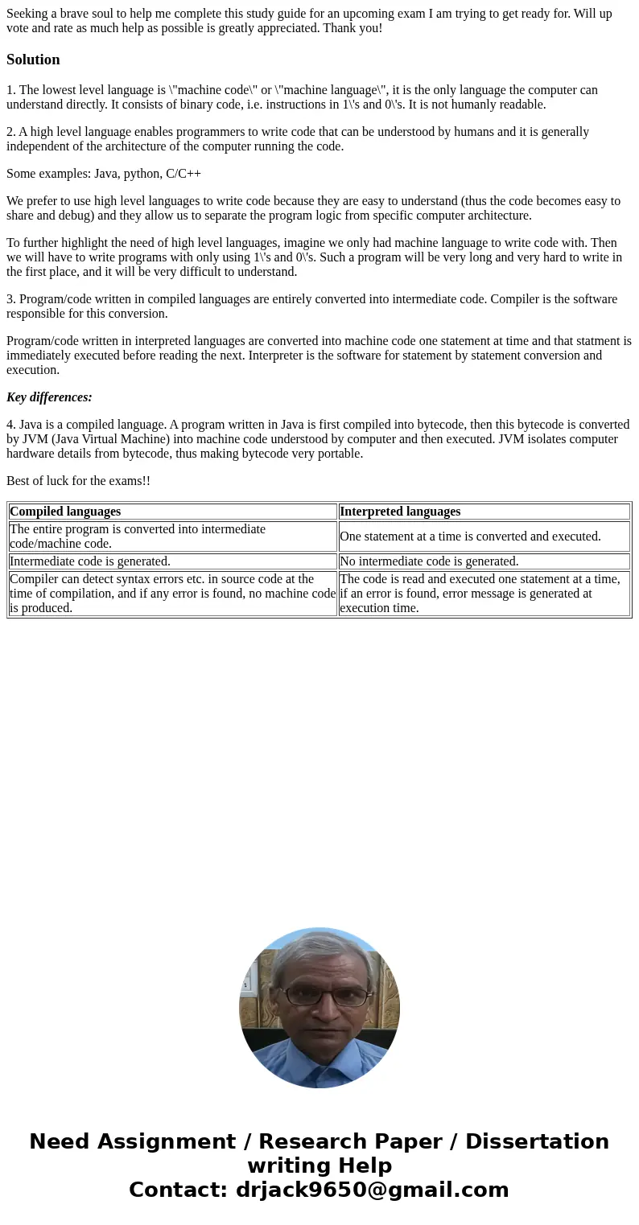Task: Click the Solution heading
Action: click(x=33, y=60)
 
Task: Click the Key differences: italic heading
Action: click(x=49, y=397)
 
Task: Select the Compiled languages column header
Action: click(x=65, y=512)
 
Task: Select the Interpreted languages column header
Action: click(x=400, y=512)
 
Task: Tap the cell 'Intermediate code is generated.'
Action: click(x=90, y=561)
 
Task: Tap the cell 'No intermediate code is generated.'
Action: click(x=429, y=561)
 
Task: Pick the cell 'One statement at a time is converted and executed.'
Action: click(x=470, y=536)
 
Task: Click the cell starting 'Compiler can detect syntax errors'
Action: click(x=172, y=594)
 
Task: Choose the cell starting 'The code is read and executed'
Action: click(x=483, y=594)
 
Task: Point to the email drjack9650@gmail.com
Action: click(x=372, y=1190)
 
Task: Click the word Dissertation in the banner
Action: click(x=537, y=1142)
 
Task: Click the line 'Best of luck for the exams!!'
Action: click(x=78, y=481)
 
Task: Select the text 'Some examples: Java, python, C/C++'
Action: click(x=104, y=174)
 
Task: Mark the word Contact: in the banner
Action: click(x=179, y=1190)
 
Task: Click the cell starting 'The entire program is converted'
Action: click(x=137, y=536)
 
